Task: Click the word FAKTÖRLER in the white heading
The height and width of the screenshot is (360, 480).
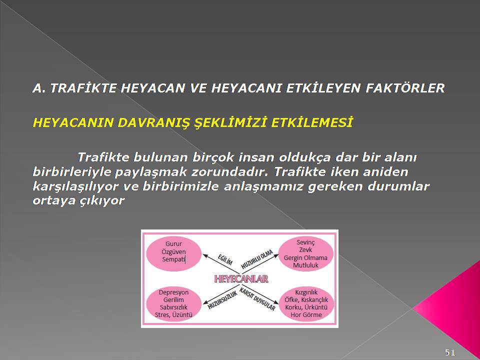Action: click(405, 88)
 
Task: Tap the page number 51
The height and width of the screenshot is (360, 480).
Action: click(449, 352)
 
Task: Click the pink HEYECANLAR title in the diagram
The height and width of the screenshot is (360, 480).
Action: click(241, 278)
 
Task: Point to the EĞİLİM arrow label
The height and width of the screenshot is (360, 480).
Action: click(225, 259)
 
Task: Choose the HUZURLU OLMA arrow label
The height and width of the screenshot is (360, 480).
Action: click(257, 259)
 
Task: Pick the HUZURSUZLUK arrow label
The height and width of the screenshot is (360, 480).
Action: click(222, 300)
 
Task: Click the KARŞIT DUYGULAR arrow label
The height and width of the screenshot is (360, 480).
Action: click(257, 299)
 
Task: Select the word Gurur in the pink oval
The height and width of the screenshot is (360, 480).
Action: click(173, 244)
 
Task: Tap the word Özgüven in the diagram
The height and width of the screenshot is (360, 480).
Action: click(173, 252)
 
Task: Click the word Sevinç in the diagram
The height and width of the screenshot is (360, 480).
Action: click(305, 242)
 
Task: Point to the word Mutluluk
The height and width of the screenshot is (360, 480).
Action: click(305, 265)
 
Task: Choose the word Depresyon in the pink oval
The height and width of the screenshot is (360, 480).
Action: click(173, 292)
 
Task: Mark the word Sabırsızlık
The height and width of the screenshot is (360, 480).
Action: click(173, 307)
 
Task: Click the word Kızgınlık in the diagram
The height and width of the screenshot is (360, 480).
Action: click(306, 292)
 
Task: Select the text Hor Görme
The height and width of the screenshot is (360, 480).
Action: click(306, 314)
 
